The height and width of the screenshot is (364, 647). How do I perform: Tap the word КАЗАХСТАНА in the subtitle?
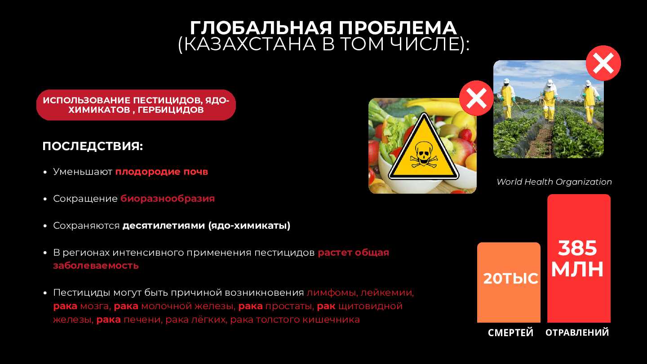tap(250, 44)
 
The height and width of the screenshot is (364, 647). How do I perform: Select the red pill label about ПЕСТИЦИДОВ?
tap(136, 105)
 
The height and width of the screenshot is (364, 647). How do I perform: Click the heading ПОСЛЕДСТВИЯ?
tap(93, 146)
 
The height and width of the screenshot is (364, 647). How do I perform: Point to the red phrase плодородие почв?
tap(162, 172)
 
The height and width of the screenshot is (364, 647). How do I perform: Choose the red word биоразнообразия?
tap(168, 199)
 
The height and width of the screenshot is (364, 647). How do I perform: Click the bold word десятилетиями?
tap(164, 225)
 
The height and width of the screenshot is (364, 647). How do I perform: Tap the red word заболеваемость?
tap(96, 266)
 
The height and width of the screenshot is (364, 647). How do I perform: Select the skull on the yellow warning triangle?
tap(424, 154)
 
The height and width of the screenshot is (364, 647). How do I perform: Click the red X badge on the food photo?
tap(476, 98)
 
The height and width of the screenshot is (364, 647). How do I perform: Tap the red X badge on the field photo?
tap(603, 63)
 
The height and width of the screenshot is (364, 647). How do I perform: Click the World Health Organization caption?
tap(554, 182)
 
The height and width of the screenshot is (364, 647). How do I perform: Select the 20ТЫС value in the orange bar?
tap(511, 279)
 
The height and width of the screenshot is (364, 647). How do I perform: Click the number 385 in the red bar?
tap(577, 248)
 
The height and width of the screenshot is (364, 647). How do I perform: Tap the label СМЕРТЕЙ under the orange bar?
tap(511, 333)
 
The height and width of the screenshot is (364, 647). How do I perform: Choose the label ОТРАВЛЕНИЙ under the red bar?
tap(577, 333)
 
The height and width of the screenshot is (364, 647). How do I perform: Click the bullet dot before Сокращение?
tap(45, 199)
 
